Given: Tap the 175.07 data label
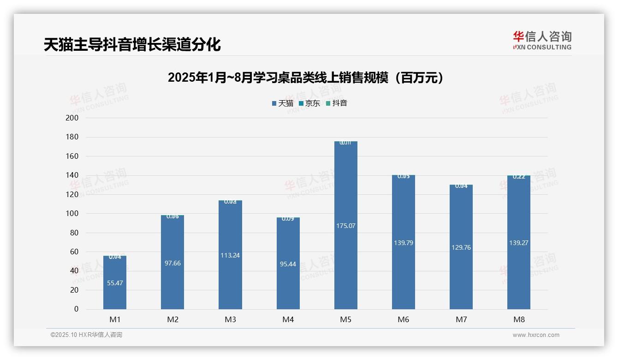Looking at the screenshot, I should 345,226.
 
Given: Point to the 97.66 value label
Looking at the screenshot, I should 172,263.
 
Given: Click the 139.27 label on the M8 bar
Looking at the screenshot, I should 518,243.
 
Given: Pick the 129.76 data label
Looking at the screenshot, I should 461,247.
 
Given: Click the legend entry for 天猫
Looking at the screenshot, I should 283,103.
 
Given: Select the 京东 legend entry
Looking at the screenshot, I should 309,103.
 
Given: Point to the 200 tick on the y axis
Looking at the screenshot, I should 73,118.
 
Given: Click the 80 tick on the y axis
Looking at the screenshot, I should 74,233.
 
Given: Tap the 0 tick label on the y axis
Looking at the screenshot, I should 76,309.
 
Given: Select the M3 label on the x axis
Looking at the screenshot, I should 230,320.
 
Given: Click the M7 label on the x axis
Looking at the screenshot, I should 461,320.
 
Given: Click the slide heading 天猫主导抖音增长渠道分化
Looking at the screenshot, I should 132,45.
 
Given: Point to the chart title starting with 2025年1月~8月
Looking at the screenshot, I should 305,78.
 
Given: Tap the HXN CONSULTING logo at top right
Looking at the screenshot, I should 542,41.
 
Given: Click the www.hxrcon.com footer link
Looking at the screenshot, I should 535,335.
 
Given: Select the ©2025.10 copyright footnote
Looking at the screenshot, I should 86,335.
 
